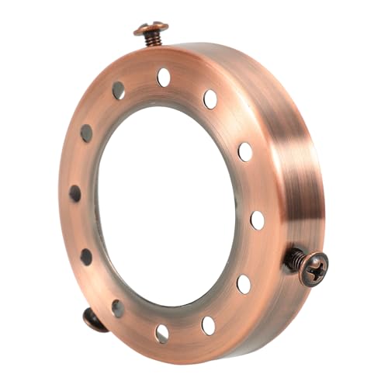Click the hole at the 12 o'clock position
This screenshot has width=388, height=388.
[164, 77]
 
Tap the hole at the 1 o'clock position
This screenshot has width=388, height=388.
[210, 99]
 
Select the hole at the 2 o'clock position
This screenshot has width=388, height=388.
[244, 151]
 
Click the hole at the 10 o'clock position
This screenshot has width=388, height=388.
[86, 133]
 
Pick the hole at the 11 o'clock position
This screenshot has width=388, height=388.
[118, 91]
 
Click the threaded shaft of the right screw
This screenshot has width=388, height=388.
[296, 261]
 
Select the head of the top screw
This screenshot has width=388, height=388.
[151, 29]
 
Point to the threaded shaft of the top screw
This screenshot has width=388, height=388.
[152, 39]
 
